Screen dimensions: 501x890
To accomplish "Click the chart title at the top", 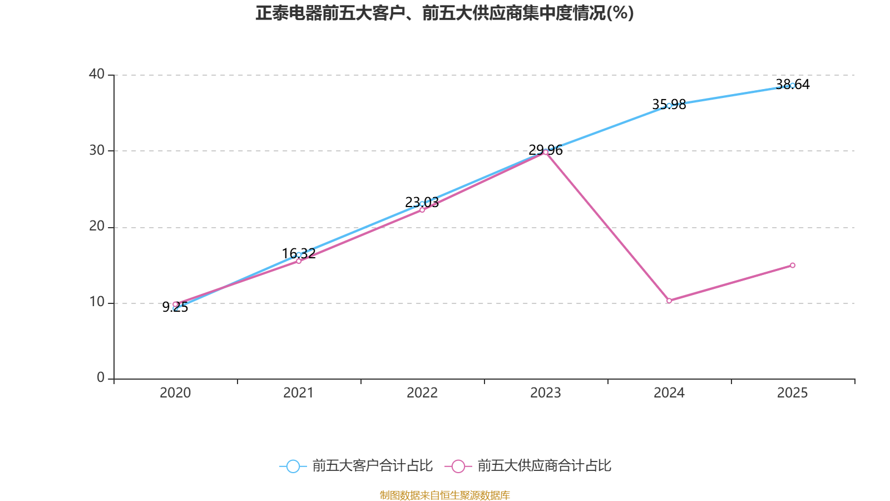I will click(444, 13).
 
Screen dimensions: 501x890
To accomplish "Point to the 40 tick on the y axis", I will click(97, 74).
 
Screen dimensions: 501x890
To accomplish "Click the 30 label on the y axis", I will click(97, 150).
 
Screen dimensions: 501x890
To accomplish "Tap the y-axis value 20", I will click(97, 227).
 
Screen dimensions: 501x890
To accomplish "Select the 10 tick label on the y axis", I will click(97, 302).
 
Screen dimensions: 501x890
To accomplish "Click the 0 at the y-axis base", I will click(101, 378).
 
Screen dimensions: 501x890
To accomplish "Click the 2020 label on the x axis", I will click(175, 393).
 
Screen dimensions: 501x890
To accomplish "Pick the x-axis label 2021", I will click(299, 393).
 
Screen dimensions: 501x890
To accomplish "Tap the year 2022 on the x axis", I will click(422, 393).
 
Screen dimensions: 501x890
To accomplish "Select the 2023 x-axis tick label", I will click(546, 393).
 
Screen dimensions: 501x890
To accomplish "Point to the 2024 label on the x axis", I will click(669, 393).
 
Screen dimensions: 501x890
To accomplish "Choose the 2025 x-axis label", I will click(792, 393).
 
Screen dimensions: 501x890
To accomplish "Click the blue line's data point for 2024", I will click(669, 105).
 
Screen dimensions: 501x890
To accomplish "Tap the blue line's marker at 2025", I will click(793, 85).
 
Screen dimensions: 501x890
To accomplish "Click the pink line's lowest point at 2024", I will click(669, 301).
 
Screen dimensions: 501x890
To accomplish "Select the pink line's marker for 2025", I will click(793, 265).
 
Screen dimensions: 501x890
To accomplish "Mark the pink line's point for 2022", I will click(422, 210).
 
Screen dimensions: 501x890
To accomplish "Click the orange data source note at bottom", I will click(444, 495).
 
